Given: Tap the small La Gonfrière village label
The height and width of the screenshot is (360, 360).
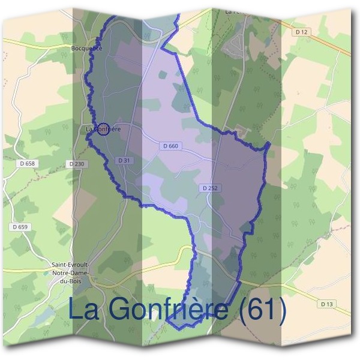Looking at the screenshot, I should point(103,128).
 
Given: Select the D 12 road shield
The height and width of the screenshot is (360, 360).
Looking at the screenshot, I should point(302,32).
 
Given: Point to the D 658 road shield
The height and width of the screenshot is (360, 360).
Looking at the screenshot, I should point(28,164).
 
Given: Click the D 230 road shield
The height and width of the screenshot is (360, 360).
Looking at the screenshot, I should point(77,164).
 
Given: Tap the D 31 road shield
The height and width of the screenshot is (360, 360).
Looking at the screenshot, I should point(124,160).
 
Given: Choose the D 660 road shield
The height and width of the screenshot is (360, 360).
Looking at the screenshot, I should point(170,146).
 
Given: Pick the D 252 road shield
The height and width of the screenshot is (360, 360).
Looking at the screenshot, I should point(209,188).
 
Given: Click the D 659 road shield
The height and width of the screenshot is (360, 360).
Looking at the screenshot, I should point(20,227).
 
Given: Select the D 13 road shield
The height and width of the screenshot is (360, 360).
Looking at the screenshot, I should point(326,304).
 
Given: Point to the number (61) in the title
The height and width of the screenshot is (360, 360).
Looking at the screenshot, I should point(262,310).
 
